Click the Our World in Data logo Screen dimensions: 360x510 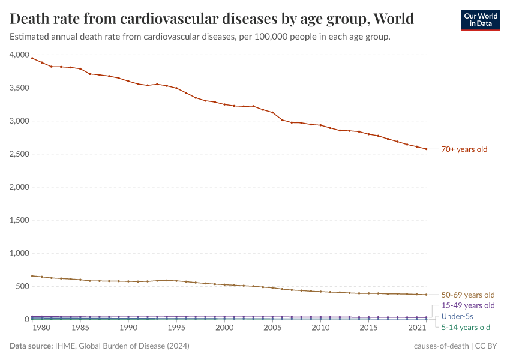click(480, 20)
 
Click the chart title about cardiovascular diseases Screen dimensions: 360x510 click(212, 19)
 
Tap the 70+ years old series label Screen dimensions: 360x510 click(464, 149)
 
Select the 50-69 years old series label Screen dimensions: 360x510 click(468, 295)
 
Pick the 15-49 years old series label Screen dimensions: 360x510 click(468, 305)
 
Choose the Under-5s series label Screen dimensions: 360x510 click(457, 316)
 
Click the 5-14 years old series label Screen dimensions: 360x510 click(466, 327)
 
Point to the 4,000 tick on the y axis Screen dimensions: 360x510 click(19, 55)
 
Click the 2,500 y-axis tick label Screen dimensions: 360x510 click(19, 154)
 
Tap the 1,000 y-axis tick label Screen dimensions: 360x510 click(19, 253)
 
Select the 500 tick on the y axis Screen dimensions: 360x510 click(22, 286)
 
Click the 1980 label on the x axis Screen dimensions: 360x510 click(41, 328)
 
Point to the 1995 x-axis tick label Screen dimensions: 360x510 click(176, 328)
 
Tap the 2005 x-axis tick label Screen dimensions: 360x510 click(272, 328)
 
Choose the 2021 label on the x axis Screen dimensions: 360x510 click(417, 328)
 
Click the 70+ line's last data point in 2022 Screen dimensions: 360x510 click(427, 149)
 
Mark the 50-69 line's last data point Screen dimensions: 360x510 click(427, 295)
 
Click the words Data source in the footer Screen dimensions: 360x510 click(31, 346)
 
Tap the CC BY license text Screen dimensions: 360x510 click(488, 346)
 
